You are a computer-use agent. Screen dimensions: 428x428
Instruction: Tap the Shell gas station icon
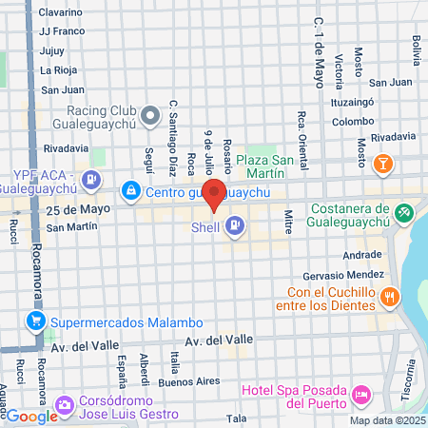click(235, 226)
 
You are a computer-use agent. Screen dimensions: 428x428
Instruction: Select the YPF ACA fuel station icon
click(90, 177)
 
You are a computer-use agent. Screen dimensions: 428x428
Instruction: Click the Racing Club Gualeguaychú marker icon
click(149, 117)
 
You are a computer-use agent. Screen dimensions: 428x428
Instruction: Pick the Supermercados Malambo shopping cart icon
click(36, 321)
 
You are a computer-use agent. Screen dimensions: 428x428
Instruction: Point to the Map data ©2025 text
click(386, 420)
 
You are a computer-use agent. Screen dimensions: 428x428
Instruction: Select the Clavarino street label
click(60, 12)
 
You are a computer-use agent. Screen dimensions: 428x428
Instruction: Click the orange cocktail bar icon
click(382, 165)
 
